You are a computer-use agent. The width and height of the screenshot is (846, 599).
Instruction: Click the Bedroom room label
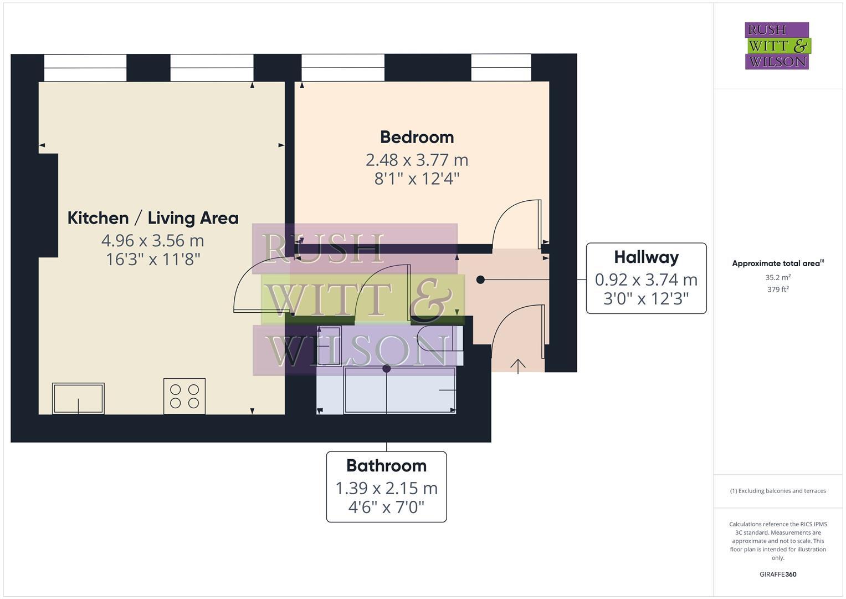(417, 138)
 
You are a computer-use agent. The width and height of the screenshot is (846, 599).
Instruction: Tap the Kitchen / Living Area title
(153, 218)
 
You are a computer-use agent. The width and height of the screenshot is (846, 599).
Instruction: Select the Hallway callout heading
(646, 257)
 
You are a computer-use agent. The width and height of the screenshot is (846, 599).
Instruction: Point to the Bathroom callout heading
(386, 466)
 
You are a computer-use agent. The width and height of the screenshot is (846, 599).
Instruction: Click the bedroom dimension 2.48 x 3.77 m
(417, 160)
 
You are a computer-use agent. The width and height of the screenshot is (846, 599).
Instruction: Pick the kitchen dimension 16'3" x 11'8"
(153, 259)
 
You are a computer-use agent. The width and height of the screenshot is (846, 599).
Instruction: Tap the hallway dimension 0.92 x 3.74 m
(646, 280)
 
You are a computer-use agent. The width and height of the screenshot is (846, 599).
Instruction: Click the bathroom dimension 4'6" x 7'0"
(386, 507)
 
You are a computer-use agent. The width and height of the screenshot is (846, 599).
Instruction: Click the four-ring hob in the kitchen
(184, 396)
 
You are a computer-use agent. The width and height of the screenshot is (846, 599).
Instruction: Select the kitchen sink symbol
(78, 398)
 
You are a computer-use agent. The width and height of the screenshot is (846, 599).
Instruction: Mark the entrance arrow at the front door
(518, 366)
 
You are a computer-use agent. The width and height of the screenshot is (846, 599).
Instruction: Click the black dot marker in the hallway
(480, 280)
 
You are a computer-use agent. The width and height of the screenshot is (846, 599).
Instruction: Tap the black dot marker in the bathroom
(387, 368)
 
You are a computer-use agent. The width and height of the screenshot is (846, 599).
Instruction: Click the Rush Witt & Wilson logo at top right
(777, 46)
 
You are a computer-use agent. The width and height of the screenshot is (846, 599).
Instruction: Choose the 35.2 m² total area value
(778, 277)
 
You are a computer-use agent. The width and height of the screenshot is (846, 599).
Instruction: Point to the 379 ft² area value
(778, 290)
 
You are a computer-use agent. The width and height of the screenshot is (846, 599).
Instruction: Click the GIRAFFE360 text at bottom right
(778, 575)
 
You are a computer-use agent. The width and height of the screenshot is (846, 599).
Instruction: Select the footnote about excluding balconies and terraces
(778, 491)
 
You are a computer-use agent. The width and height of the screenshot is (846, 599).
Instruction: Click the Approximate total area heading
(778, 263)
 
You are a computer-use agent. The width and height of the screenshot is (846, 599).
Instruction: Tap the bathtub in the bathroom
(399, 390)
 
